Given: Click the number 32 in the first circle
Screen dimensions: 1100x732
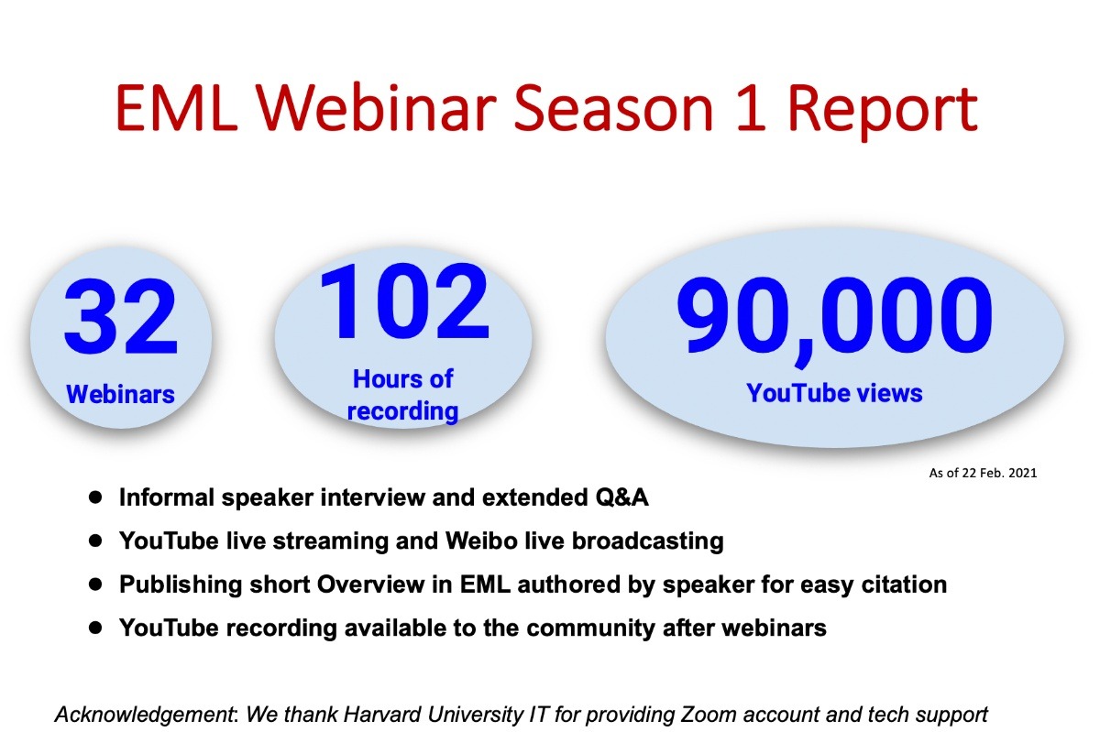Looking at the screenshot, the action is point(120,316).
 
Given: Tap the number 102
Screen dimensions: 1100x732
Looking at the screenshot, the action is point(404,301).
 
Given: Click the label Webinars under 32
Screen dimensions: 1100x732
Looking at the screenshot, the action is point(120,394).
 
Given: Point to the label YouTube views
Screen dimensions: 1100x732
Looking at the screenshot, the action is point(834,393).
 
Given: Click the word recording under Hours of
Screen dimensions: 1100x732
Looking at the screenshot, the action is point(402,411).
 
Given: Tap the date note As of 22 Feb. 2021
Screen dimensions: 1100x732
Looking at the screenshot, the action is point(983,473).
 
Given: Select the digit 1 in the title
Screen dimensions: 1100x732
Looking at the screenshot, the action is point(751,108).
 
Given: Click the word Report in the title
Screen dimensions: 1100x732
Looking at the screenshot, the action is point(883,112).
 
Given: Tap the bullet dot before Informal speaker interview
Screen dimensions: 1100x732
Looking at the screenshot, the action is point(95,497).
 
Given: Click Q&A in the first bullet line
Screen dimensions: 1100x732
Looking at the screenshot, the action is point(622,497).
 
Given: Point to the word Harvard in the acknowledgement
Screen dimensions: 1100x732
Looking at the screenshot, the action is point(382,715).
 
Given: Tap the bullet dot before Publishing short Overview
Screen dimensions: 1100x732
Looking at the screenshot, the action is point(95,585).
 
